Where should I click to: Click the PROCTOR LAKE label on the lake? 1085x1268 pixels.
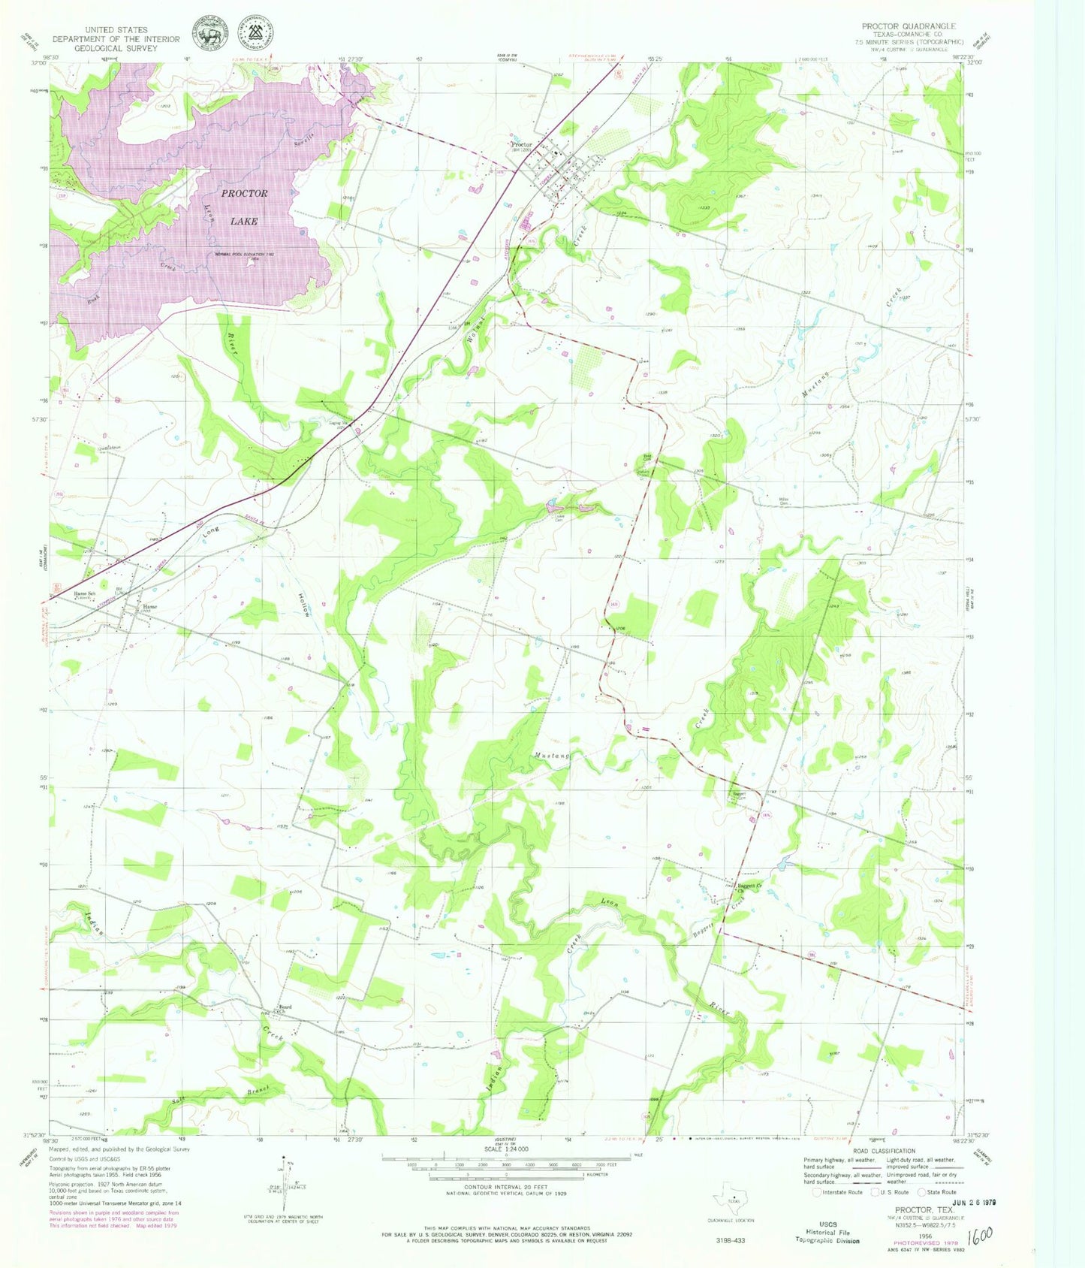[x=244, y=207]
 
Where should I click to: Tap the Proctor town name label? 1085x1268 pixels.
[x=521, y=144]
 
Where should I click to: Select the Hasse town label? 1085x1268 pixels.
[x=150, y=606]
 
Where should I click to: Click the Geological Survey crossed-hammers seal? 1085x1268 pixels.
[x=255, y=33]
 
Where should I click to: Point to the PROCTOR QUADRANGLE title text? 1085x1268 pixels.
[x=909, y=26]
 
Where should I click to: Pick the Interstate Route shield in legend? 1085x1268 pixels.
[x=818, y=1192]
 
